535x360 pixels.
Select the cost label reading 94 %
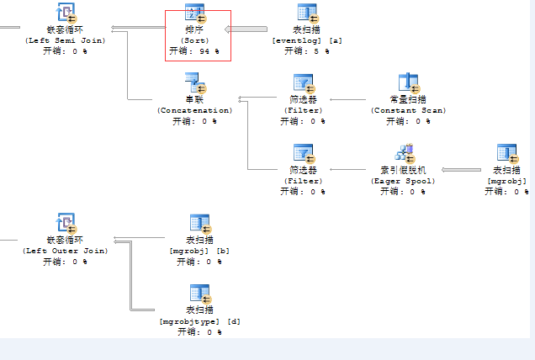(x=196, y=50)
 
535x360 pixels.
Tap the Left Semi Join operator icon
(x=65, y=13)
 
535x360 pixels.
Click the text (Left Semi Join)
(x=65, y=40)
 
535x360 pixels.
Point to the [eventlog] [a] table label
(x=307, y=40)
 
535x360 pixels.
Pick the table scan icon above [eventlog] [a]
(x=307, y=13)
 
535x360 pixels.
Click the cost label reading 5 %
(x=307, y=50)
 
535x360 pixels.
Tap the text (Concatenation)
(x=195, y=110)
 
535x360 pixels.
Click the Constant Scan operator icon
(x=408, y=82)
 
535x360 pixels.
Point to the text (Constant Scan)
(x=408, y=110)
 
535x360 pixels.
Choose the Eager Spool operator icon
(x=408, y=153)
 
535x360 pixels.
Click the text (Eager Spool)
(x=408, y=180)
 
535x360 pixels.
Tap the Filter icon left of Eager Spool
(x=303, y=153)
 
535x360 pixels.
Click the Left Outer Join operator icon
(x=65, y=224)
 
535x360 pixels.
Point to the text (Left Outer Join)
(x=65, y=251)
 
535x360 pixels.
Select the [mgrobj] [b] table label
(x=199, y=251)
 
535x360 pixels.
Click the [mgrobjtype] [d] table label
(x=199, y=321)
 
